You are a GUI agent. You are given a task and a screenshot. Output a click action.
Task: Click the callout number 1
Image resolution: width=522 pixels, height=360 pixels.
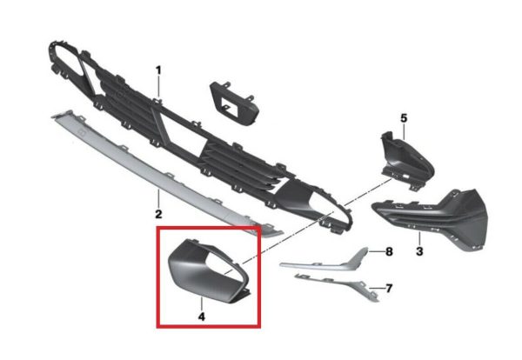tap(158, 70)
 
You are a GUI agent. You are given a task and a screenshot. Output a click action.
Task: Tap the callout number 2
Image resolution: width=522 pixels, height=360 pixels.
tap(158, 214)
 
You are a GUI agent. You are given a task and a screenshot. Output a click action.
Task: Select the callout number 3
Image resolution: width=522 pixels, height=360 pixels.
tap(419, 250)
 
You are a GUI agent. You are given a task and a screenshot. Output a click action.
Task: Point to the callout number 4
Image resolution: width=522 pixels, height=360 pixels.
tap(202, 317)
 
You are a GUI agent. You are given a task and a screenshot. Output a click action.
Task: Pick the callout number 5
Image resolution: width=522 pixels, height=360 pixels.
tap(404, 117)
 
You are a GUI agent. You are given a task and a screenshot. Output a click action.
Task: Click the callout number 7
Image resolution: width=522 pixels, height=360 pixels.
tap(389, 288)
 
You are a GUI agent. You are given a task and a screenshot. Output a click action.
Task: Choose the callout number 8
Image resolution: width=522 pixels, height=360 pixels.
tap(389, 251)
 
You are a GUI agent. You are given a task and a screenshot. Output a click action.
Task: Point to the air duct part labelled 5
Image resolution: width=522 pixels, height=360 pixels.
tap(406, 160)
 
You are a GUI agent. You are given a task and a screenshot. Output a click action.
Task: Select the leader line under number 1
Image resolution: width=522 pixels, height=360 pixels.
tap(158, 87)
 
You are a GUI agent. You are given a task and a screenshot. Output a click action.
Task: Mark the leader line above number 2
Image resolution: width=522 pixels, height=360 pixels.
tap(158, 198)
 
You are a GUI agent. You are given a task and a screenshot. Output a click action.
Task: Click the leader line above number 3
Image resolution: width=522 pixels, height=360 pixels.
tap(419, 238)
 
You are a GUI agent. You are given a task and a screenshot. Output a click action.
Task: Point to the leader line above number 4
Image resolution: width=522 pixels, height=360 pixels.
tap(202, 304)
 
